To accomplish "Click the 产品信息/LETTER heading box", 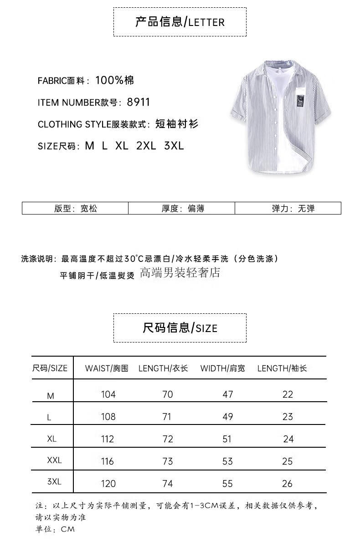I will click(x=180, y=22).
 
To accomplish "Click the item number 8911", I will click(x=139, y=102).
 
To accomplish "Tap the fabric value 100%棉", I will click(x=114, y=81).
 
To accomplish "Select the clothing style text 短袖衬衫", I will click(x=177, y=124).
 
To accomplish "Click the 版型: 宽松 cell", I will click(x=75, y=209).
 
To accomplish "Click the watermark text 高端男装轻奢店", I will click(x=180, y=273).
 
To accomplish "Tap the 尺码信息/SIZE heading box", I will click(x=180, y=328).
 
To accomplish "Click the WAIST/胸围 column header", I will click(x=107, y=368).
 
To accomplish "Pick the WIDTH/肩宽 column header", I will click(x=222, y=368).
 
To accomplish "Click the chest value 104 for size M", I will click(x=108, y=394).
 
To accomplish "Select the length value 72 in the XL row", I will click(x=168, y=439).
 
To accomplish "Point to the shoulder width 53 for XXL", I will click(x=227, y=461).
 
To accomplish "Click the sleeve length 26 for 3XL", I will click(x=287, y=484).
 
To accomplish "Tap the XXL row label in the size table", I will click(x=54, y=460).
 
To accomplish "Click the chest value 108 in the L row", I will click(x=108, y=417).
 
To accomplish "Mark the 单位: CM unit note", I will click(x=55, y=529).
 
